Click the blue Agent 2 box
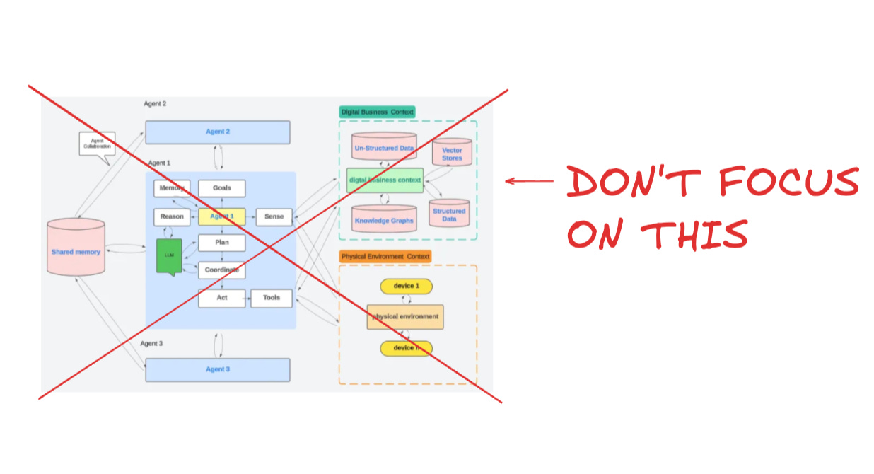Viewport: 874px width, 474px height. [x=217, y=132]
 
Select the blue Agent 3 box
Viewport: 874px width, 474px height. [x=217, y=369]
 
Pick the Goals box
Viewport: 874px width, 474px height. [x=221, y=188]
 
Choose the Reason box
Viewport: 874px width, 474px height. [x=172, y=217]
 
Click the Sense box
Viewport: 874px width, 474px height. [x=274, y=217]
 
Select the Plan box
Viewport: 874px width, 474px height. [x=221, y=243]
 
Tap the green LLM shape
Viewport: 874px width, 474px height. [x=169, y=255]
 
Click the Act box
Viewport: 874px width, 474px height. [x=221, y=298]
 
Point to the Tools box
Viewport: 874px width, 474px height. [x=272, y=298]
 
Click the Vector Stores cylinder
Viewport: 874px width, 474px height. [x=452, y=153]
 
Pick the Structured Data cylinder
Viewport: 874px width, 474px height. [x=449, y=214]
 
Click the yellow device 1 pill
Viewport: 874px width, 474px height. [x=406, y=286]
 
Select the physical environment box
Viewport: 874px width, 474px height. [x=405, y=317]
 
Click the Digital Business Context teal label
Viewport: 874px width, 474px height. [x=377, y=112]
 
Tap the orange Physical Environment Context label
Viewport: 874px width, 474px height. [x=385, y=256]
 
